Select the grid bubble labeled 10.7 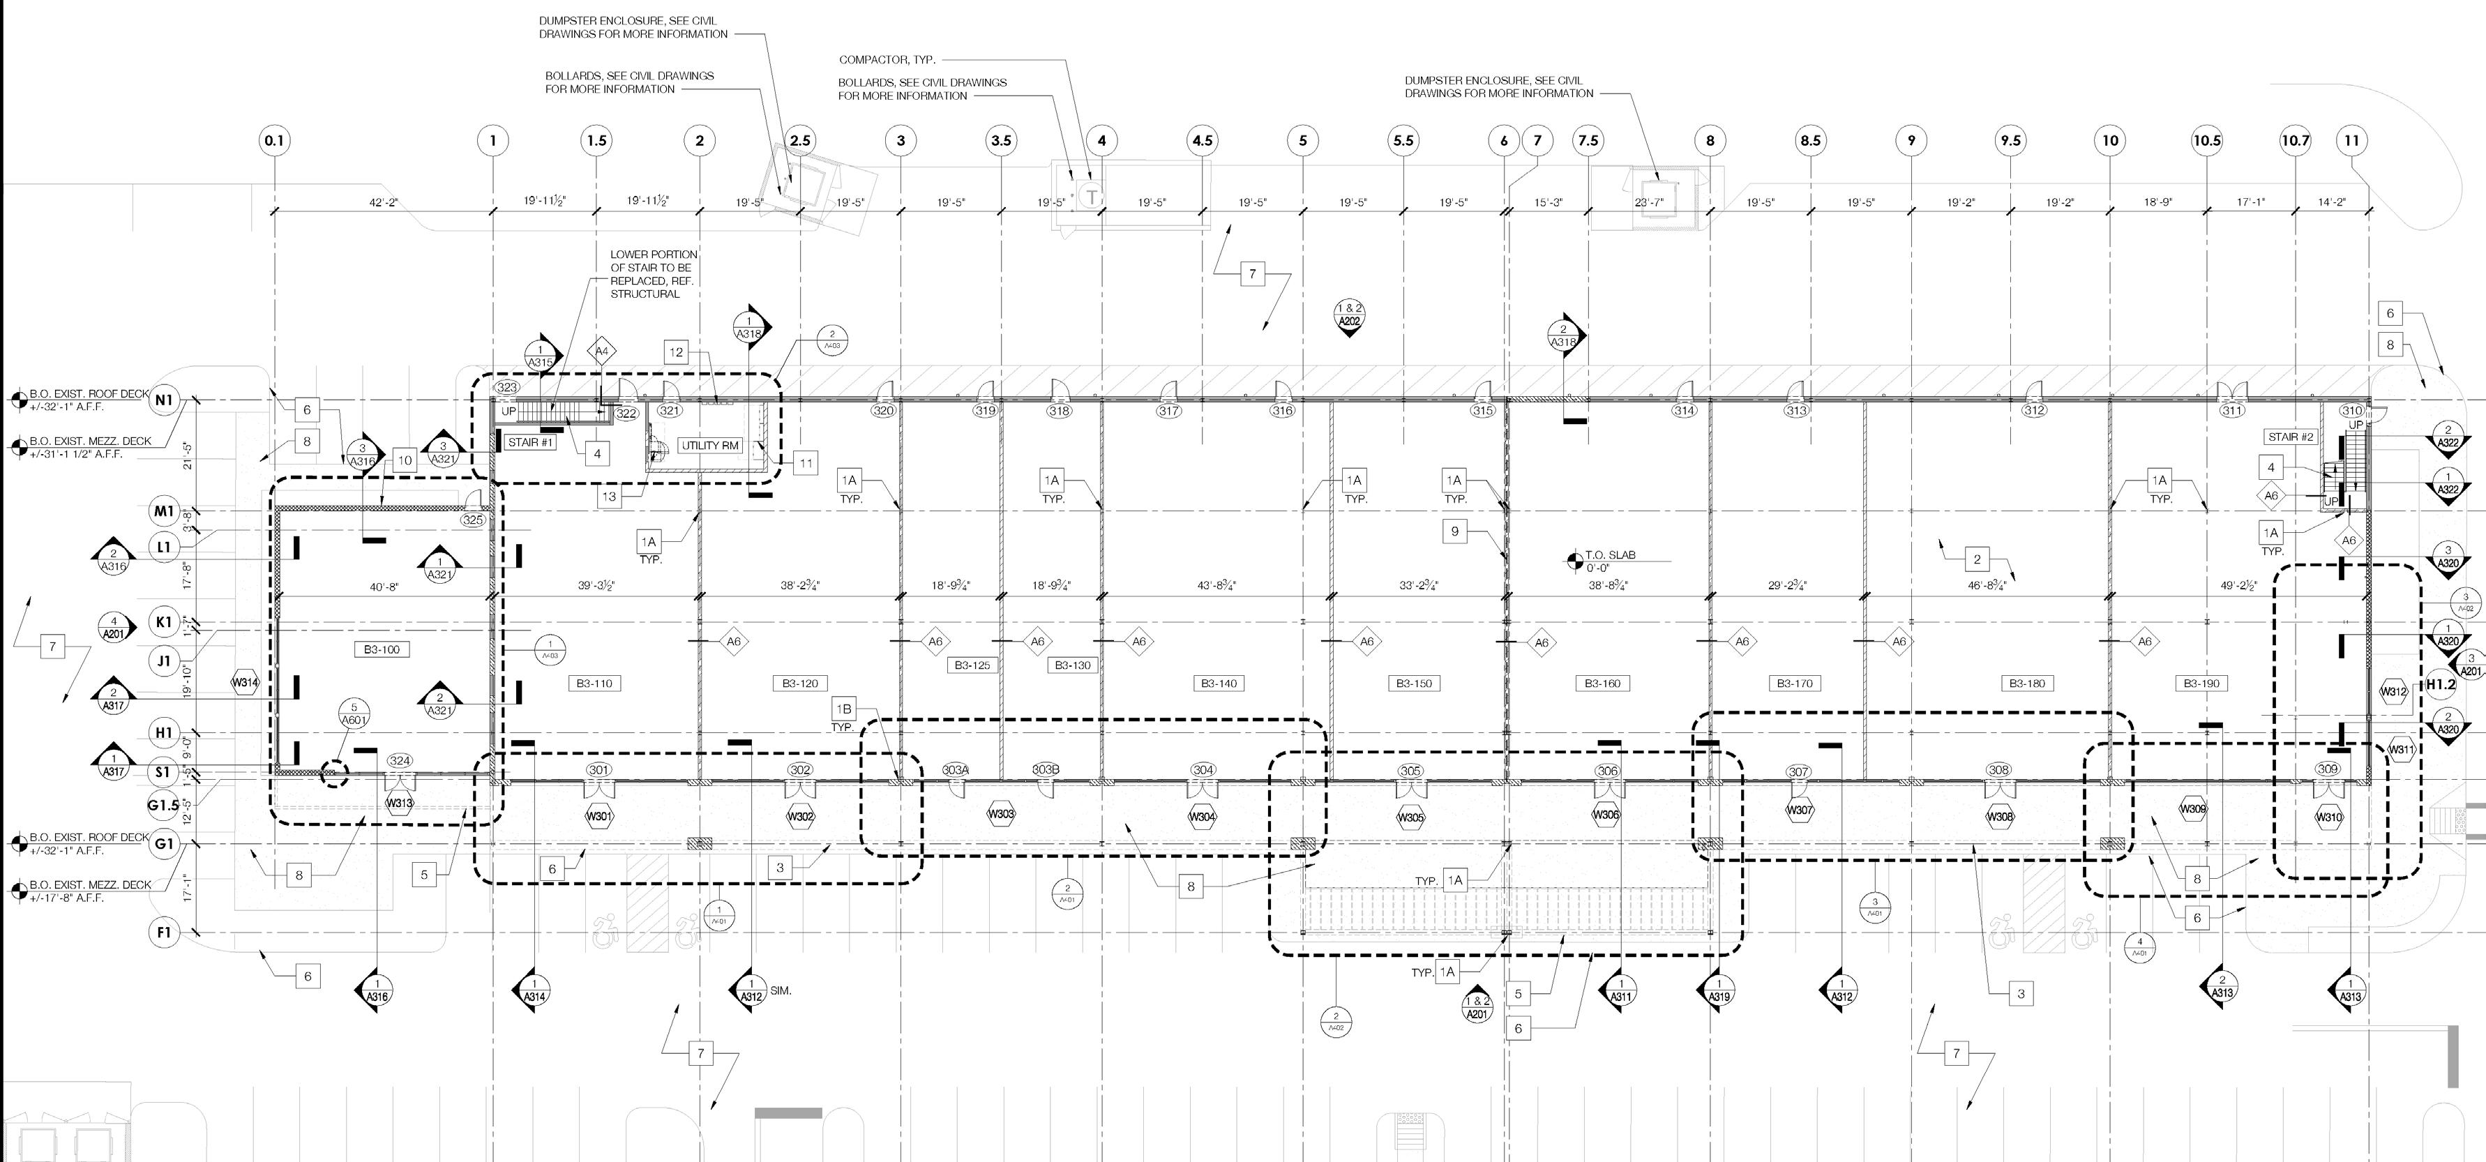[x=2296, y=141]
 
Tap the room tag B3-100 [x=382, y=649]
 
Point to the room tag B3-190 [x=2201, y=684]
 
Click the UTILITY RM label [x=709, y=446]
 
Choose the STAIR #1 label [x=530, y=443]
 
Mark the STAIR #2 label [x=2291, y=437]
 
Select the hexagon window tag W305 [x=1410, y=817]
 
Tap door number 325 [x=473, y=520]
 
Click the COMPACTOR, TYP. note [x=887, y=60]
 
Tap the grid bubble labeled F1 [x=164, y=933]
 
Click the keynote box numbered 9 [x=1454, y=531]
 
